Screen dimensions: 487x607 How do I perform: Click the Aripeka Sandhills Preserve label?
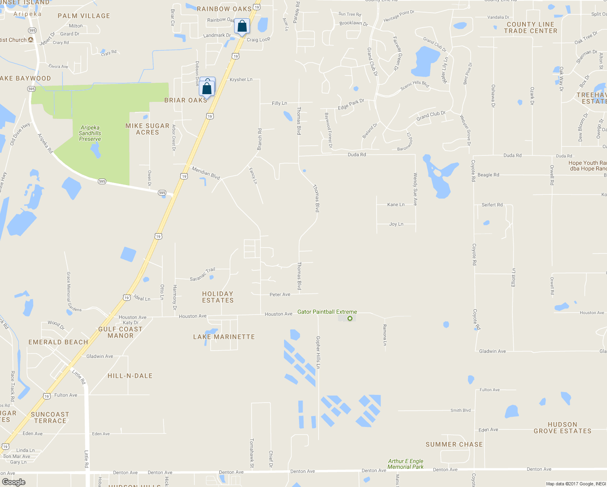[90, 133]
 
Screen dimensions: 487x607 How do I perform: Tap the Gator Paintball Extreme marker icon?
[350, 319]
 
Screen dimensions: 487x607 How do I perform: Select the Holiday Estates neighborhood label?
[218, 297]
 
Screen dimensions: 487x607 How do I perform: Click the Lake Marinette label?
[224, 337]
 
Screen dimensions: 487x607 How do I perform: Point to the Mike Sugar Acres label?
[147, 129]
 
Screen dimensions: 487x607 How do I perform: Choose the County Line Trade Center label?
[530, 28]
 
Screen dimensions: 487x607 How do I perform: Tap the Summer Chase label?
[454, 444]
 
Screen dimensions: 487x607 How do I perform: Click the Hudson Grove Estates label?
[562, 428]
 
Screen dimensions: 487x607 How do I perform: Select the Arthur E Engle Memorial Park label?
[405, 464]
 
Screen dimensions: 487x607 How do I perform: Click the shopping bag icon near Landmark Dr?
[242, 26]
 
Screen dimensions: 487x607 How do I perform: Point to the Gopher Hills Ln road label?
[318, 352]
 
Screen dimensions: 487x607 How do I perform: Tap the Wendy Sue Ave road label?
[415, 189]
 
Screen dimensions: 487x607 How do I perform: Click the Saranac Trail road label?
[202, 275]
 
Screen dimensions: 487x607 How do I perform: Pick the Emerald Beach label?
[58, 342]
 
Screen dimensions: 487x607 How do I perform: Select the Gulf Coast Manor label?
[121, 332]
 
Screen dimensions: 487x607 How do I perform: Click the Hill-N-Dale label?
[130, 376]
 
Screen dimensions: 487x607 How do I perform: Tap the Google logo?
[13, 482]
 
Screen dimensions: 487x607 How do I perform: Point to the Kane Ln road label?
[396, 205]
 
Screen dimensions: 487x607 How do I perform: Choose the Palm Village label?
[84, 16]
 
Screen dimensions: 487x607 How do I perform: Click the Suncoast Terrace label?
[50, 418]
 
